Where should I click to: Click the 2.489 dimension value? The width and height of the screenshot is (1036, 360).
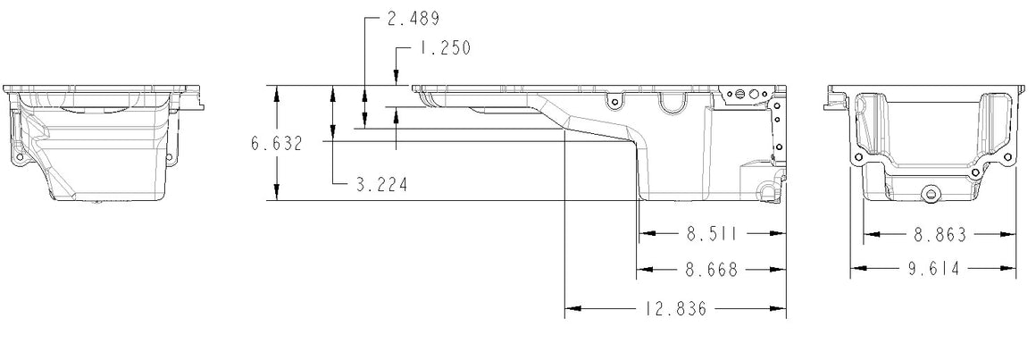click(x=413, y=19)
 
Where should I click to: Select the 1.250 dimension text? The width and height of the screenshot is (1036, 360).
click(x=444, y=48)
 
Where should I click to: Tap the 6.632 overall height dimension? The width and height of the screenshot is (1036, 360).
click(x=276, y=143)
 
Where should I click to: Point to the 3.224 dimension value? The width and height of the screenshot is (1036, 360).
click(x=382, y=184)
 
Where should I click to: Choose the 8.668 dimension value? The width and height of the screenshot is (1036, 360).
click(x=712, y=270)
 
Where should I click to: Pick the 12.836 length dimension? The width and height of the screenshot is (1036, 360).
click(x=675, y=308)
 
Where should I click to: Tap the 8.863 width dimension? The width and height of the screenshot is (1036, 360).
click(x=940, y=235)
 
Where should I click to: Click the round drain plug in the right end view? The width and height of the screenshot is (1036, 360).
click(x=932, y=194)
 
